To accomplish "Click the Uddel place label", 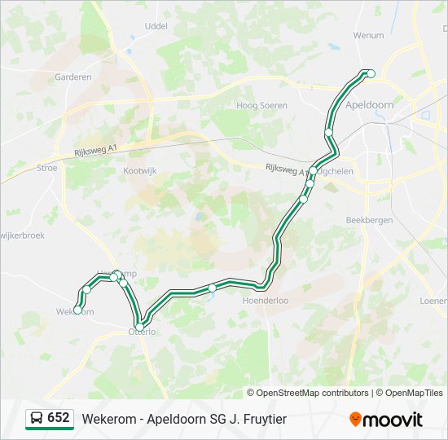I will [155, 26].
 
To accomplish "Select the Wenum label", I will [368, 36].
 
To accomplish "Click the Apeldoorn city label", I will [369, 105].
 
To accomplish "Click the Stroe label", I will [47, 168].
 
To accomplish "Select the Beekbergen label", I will [369, 220].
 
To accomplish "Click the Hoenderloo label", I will [266, 300].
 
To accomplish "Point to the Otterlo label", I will [142, 332].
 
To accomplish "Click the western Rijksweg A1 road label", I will [96, 147].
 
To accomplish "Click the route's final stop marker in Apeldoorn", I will [371, 74].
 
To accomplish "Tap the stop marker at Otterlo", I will [139, 326].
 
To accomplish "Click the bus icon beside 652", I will [37, 418].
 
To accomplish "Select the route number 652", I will [59, 418].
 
